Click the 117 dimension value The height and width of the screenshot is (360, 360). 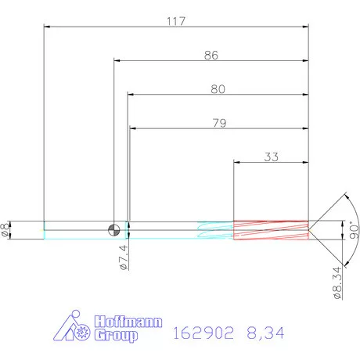175,21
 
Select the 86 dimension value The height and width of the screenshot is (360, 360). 211,56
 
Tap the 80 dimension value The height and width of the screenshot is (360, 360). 218,89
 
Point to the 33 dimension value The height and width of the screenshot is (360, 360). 271,157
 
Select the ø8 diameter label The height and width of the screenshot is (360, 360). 7,229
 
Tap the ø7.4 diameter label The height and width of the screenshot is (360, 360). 124,257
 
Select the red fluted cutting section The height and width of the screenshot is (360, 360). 271,229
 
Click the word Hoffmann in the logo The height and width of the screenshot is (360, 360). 118,321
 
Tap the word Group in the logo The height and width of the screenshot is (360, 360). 116,336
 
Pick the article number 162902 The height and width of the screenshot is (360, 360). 202,333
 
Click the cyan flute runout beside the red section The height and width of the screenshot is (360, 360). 215,230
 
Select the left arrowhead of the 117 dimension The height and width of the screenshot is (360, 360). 48,28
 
